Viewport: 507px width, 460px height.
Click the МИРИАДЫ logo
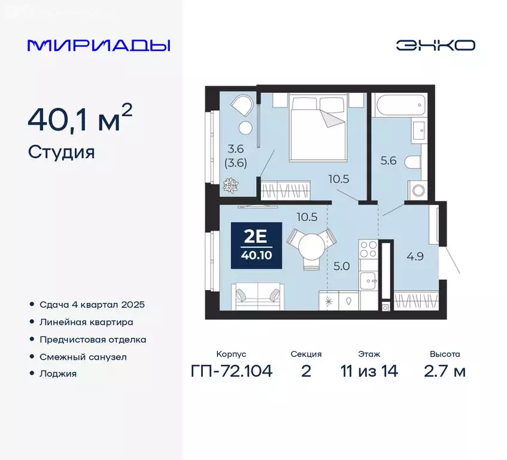[x=99, y=45]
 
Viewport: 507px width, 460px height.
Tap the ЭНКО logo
[x=435, y=45]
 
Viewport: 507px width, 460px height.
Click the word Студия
[x=61, y=152]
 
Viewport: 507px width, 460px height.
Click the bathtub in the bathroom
[x=399, y=106]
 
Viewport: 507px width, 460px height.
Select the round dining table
[x=311, y=246]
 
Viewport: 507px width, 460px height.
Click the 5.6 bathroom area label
[x=389, y=160]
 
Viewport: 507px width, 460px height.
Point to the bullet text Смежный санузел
[x=83, y=357]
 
